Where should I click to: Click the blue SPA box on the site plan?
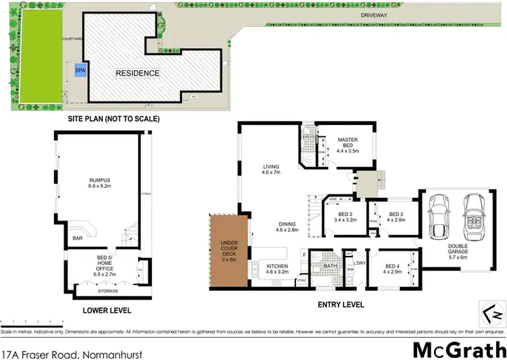[80, 70]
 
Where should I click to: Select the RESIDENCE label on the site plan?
[137, 74]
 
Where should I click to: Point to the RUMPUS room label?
[101, 183]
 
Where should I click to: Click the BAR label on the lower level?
[78, 238]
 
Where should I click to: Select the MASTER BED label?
[347, 143]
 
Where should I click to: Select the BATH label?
[329, 265]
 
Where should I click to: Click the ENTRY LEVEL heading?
[341, 305]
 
